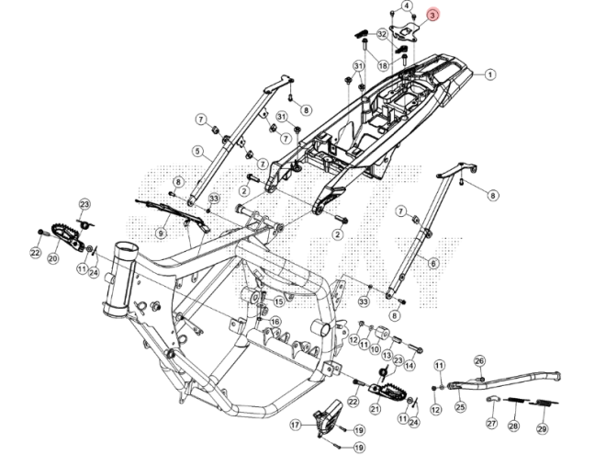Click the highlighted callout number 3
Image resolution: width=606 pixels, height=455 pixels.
(x=433, y=16)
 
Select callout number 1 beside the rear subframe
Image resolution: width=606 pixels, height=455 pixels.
(x=490, y=74)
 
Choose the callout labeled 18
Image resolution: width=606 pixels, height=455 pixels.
(x=383, y=65)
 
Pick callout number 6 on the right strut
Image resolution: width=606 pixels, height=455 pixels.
(x=433, y=262)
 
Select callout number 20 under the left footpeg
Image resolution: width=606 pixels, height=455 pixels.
(x=52, y=260)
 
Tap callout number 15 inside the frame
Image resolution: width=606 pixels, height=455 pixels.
(x=277, y=301)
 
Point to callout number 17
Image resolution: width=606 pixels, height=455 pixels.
(x=296, y=425)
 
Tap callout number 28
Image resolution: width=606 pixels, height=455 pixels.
(x=513, y=427)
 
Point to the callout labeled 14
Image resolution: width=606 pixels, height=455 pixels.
(x=410, y=365)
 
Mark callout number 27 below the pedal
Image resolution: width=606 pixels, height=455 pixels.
(x=490, y=425)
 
